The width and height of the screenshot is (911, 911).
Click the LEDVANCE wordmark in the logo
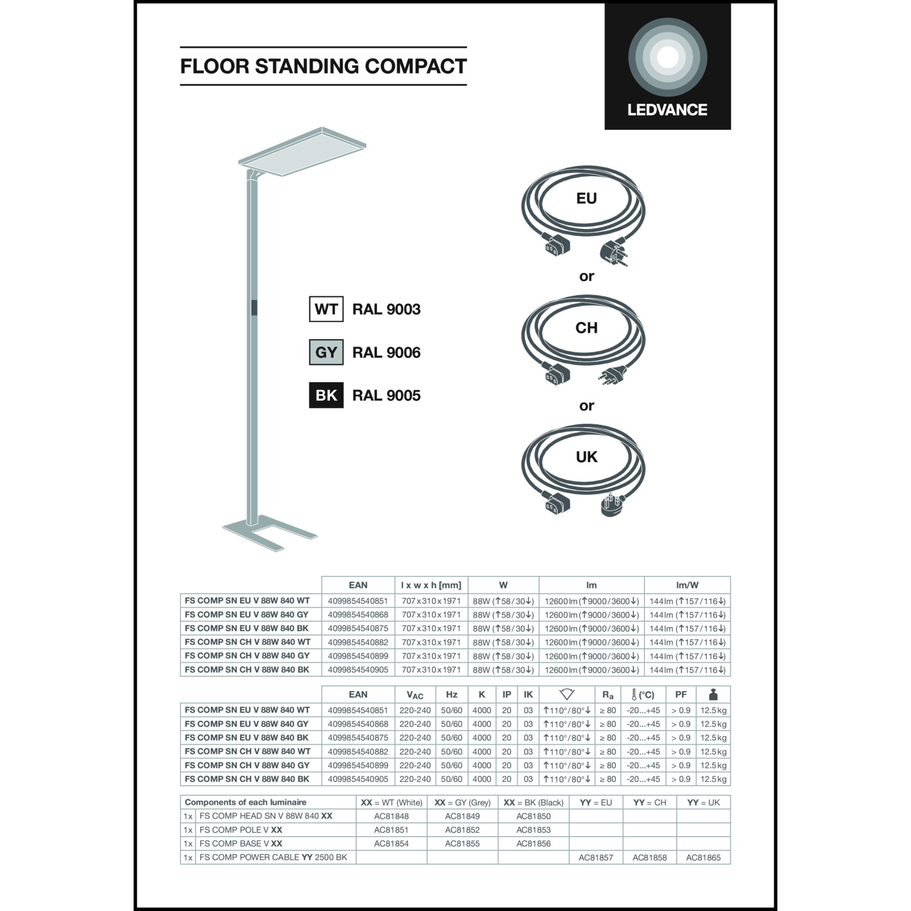[x=667, y=110]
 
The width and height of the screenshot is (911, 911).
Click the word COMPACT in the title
[x=416, y=66]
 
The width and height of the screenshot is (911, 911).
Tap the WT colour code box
[x=326, y=309]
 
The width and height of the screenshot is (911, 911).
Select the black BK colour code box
[x=326, y=395]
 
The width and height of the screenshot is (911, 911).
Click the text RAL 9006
[x=386, y=352]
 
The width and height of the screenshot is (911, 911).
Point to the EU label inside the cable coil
[x=587, y=199]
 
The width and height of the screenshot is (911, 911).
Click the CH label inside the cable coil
[x=587, y=328]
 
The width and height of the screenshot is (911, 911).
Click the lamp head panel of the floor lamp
[x=302, y=152]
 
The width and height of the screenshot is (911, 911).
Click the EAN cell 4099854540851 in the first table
[x=358, y=601]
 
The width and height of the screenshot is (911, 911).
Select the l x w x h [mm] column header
[x=431, y=585]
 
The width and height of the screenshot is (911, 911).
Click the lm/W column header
[x=688, y=585]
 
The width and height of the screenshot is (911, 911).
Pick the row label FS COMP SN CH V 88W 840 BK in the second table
[x=247, y=779]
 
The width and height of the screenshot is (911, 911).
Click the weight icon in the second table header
[x=714, y=694]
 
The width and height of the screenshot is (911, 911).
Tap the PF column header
[x=681, y=695]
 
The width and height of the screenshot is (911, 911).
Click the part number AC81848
[x=392, y=816]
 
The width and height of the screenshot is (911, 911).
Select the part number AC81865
[x=703, y=858]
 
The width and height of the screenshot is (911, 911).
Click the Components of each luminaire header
[x=245, y=802]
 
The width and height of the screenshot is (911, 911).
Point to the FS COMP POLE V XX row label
[x=241, y=830]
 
